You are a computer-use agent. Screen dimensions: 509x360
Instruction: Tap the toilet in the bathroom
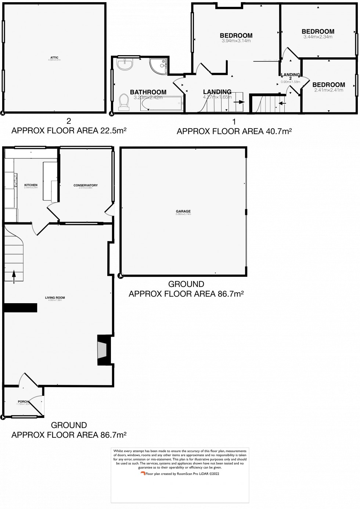tap(124, 102)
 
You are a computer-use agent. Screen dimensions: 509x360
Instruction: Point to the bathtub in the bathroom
tap(162, 104)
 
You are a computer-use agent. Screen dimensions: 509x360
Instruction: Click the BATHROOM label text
tap(148, 92)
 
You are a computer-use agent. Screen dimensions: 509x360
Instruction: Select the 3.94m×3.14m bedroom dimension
tap(236, 41)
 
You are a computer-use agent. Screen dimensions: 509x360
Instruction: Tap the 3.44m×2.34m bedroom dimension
tap(318, 37)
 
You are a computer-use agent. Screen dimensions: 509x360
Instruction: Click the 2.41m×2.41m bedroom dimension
tap(328, 90)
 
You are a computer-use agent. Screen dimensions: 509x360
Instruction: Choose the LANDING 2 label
tap(291, 77)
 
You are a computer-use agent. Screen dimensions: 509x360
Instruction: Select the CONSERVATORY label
tap(86, 185)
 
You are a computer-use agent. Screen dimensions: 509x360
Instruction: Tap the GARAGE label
tap(183, 211)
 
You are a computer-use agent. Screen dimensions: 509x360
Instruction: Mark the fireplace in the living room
tap(102, 350)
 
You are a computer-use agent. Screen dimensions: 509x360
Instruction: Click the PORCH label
tap(23, 402)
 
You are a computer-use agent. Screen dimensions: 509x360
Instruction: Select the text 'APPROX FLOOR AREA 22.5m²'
tap(69, 130)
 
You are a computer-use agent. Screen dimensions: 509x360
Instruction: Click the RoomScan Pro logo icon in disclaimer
tap(143, 474)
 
